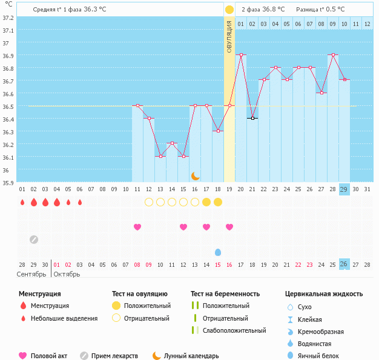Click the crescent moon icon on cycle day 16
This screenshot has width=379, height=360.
point(195,175)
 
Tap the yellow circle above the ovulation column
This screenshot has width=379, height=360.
point(229,10)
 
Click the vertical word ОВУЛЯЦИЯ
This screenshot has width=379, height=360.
point(229,36)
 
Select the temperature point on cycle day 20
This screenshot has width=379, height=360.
point(241,55)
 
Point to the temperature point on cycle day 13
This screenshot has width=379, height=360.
point(160,156)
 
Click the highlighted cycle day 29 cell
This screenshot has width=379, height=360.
point(344,189)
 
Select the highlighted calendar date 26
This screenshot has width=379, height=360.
point(344,264)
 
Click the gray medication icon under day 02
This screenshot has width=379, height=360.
point(34,239)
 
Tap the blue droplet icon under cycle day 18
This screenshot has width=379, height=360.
point(218,252)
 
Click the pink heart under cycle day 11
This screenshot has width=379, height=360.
point(137,227)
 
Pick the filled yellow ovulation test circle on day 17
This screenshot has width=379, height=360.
point(206,201)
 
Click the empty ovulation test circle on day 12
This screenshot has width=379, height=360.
point(149,201)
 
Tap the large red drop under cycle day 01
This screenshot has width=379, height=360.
point(22,202)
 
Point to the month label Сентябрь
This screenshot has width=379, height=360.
point(31,274)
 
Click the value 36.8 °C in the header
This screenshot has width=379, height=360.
point(272,9)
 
